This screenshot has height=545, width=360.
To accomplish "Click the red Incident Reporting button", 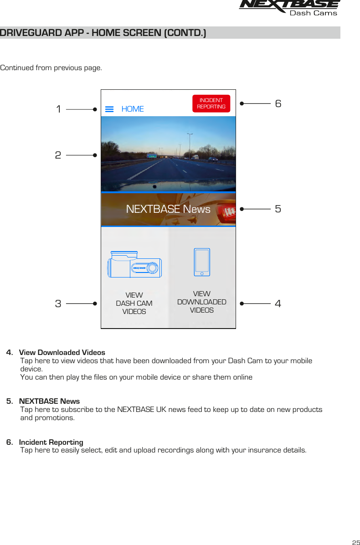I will click(x=211, y=103).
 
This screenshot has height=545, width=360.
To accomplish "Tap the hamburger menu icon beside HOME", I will click(x=109, y=109).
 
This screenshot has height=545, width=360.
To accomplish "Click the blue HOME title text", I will click(x=133, y=109).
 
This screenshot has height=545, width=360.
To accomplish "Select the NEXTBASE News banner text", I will click(x=168, y=209).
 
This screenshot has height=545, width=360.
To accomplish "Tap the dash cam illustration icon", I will click(x=134, y=265).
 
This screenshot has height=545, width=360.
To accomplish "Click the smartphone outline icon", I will click(x=202, y=262).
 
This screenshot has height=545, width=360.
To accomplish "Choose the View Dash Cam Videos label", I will click(x=134, y=303).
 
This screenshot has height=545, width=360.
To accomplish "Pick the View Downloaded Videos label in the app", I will click(x=201, y=302).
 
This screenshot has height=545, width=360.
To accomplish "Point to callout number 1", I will click(x=58, y=109).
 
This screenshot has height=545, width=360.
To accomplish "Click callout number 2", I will click(x=58, y=155).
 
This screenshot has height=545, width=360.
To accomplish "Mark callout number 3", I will click(x=58, y=303).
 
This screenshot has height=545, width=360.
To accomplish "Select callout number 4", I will click(x=278, y=303).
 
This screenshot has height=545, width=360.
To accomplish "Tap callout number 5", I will click(x=278, y=209).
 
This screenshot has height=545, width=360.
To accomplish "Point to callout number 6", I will click(x=278, y=104).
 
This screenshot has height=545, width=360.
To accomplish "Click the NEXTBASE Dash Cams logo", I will click(x=289, y=8).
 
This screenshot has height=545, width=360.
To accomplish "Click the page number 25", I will click(x=355, y=542).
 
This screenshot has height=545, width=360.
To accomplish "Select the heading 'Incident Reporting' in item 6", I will click(x=51, y=442).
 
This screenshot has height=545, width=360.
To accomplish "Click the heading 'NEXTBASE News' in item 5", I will click(x=49, y=401).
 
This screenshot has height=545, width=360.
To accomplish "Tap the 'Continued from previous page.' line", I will click(x=51, y=68).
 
